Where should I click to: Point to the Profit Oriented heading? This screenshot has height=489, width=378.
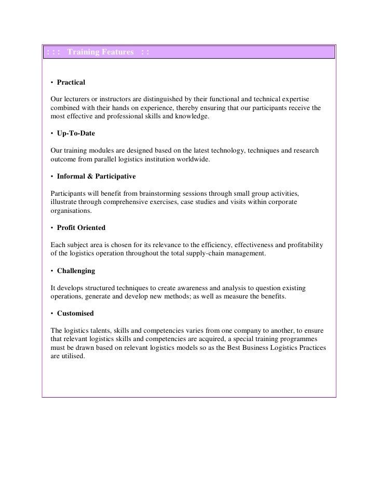81,228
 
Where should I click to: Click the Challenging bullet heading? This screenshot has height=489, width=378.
76,271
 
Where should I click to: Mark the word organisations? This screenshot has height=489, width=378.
71,211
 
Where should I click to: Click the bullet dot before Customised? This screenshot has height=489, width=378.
52,314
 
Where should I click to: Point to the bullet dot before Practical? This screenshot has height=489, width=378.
52,83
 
